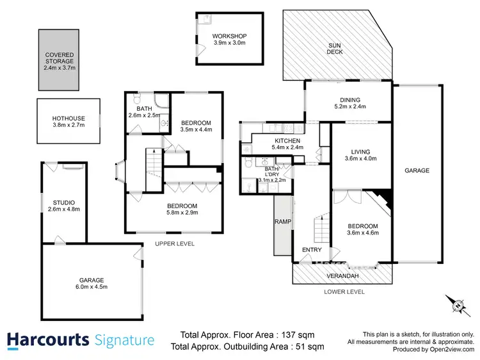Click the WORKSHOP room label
230,36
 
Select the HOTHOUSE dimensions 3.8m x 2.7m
68,126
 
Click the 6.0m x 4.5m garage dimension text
92,287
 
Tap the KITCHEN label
287,141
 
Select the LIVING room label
362,152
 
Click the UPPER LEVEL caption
175,244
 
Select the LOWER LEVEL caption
344,291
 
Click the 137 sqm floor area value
300,334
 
